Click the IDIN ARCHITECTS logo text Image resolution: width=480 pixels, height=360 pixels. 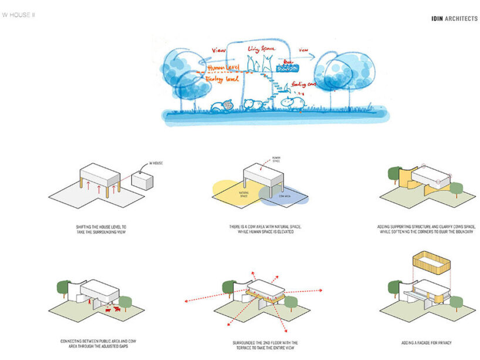[x=454, y=19]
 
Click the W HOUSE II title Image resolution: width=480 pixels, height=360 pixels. [x=19, y=14]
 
